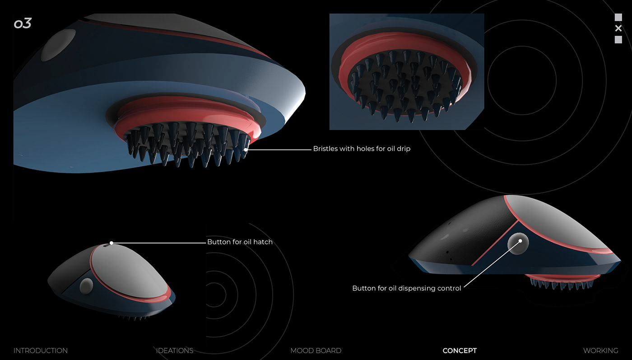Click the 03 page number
tap(22, 24)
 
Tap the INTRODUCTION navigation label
tap(41, 351)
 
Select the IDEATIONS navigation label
tap(175, 351)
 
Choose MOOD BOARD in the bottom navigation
tap(316, 351)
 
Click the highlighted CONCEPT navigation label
tap(460, 351)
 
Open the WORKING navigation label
tap(600, 351)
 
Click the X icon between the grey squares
tap(618, 28)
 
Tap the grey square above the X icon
tap(618, 17)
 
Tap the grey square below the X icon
tap(618, 40)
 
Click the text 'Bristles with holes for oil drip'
tap(362, 149)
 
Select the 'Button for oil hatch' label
tap(240, 242)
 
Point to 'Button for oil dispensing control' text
tap(407, 288)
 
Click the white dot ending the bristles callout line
tap(246, 149)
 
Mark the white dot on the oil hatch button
tap(112, 243)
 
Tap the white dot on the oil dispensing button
tap(520, 241)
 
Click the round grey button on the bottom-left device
tap(86, 286)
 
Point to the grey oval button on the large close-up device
tap(58, 45)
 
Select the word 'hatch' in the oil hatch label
tap(263, 242)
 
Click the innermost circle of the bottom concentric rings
tap(216, 295)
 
